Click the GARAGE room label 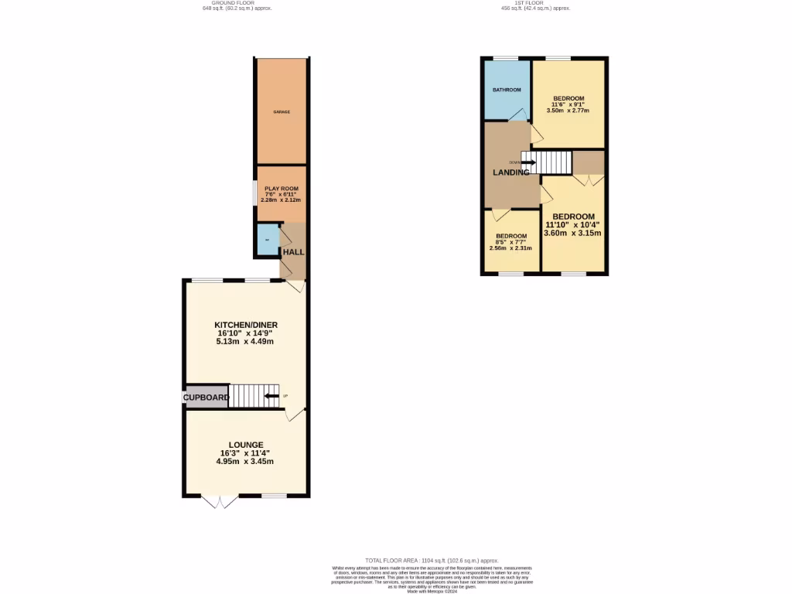tap(282, 112)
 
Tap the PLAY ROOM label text tap(281, 189)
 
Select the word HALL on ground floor tap(293, 253)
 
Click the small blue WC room tap(267, 241)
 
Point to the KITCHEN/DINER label tap(246, 325)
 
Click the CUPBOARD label tap(207, 398)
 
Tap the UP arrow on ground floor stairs tap(271, 397)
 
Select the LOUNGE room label tap(246, 445)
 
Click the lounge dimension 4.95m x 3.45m tap(245, 462)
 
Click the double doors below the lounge tap(220, 502)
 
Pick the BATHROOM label tap(507, 90)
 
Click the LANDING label tap(511, 172)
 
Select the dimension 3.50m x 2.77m tap(568, 111)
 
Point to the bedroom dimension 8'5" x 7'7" tap(511, 242)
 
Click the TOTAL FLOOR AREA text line tap(432, 560)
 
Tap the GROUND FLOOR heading tap(237, 3)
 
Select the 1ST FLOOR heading tap(536, 3)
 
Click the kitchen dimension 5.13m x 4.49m tap(246, 341)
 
